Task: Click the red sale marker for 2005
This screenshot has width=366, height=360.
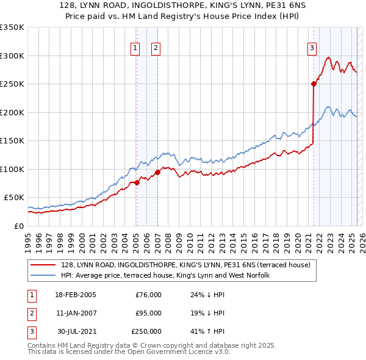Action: pyautogui.click(x=137, y=182)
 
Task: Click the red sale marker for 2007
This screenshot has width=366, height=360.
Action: pyautogui.click(x=157, y=171)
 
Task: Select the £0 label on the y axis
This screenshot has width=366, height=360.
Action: pyautogui.click(x=18, y=226)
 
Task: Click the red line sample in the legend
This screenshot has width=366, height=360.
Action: pyautogui.click(x=43, y=265)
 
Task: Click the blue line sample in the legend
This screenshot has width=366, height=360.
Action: pyautogui.click(x=43, y=275)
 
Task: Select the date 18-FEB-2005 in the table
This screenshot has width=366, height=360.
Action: pyautogui.click(x=76, y=295)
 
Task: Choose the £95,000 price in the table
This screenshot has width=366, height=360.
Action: pyautogui.click(x=148, y=313)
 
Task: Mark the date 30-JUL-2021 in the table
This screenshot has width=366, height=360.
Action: pyautogui.click(x=76, y=331)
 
